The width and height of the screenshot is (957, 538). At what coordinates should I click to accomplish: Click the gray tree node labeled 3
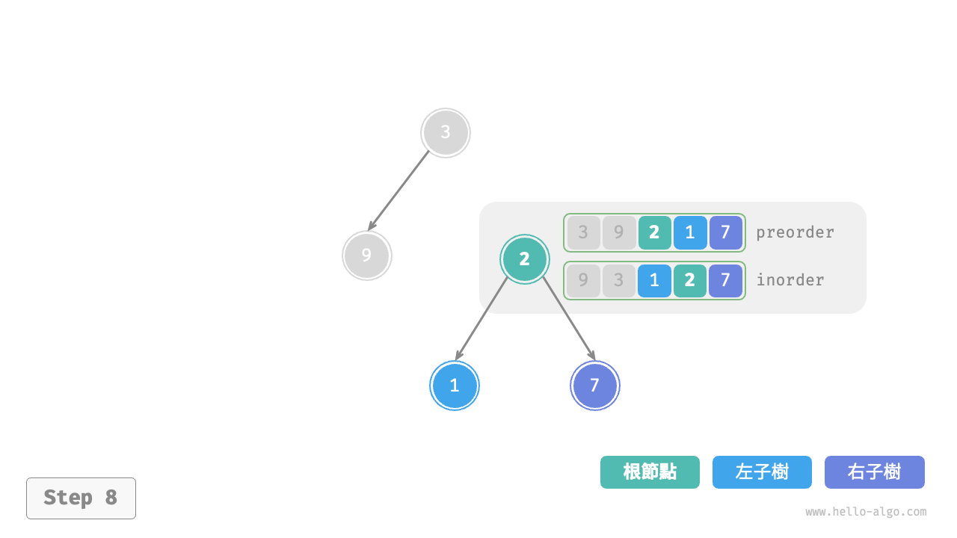point(446,133)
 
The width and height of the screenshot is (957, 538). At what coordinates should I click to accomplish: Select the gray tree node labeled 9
point(366,256)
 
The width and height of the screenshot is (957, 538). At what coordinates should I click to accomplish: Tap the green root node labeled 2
point(525,259)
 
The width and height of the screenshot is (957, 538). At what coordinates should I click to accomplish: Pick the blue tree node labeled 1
point(455,386)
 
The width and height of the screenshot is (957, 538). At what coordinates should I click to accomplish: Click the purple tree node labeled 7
point(595,386)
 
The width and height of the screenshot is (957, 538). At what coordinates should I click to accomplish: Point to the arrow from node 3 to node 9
point(399,190)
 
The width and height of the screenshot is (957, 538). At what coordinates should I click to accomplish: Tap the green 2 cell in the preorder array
point(654,232)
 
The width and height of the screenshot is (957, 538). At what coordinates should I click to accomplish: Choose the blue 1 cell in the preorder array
point(690,232)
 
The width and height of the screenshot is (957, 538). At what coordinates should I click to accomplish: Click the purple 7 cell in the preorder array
point(725,232)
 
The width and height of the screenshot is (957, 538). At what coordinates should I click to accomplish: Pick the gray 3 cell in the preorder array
point(583,232)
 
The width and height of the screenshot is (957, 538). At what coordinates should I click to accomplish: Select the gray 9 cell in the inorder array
point(583,280)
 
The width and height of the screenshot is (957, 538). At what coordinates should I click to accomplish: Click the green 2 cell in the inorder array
point(690,280)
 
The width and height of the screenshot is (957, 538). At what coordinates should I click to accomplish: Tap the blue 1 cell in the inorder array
point(654,280)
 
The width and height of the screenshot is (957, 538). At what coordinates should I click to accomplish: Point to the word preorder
point(795,232)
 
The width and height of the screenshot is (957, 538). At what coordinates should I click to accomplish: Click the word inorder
point(790,280)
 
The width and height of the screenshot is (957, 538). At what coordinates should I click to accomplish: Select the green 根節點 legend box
point(650,472)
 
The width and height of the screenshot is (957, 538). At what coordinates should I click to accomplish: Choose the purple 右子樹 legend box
point(874,472)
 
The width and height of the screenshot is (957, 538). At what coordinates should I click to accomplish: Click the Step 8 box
point(81,498)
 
